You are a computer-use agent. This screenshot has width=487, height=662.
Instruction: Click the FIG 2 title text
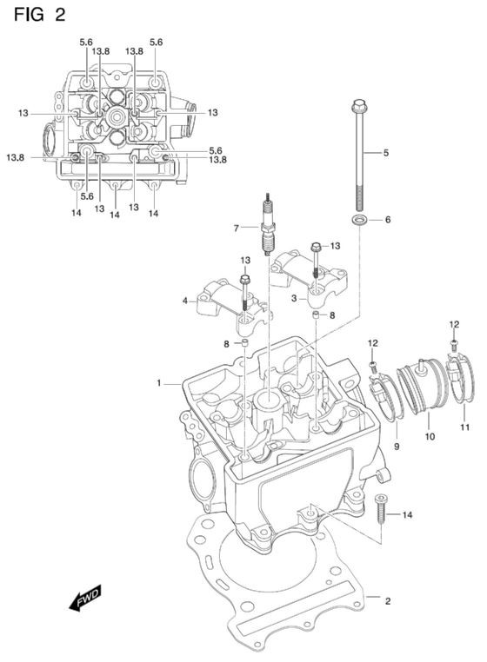point(39,15)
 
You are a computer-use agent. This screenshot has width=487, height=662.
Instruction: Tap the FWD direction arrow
point(85,597)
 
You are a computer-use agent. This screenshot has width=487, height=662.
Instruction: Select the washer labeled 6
point(359,220)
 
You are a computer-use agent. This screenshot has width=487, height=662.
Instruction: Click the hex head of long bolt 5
point(359,105)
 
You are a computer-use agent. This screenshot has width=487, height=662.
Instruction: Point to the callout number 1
point(159,383)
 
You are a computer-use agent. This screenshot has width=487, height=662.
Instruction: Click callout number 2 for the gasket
point(388,601)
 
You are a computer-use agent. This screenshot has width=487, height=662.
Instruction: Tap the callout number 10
point(430,436)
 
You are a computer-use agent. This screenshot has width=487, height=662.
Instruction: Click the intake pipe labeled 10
point(423,384)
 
